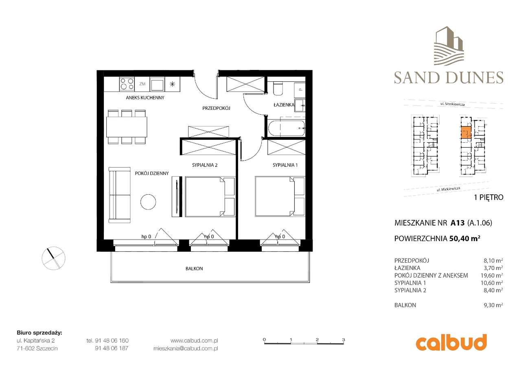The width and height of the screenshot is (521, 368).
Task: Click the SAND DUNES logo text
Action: (x=449, y=77)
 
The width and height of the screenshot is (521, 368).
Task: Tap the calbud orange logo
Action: (x=451, y=342)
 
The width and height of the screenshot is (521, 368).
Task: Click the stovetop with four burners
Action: (x=127, y=84)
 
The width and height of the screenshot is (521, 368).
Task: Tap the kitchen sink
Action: (x=157, y=84)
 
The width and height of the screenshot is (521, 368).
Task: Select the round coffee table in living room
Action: (x=148, y=201)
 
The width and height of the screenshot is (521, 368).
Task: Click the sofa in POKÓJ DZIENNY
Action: (x=120, y=195)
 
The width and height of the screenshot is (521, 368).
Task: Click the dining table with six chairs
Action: (x=127, y=126)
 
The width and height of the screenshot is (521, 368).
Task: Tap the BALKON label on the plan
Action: (x=194, y=269)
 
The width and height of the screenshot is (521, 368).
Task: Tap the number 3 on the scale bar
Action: (x=344, y=339)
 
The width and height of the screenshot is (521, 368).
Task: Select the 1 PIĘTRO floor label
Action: (x=488, y=198)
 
